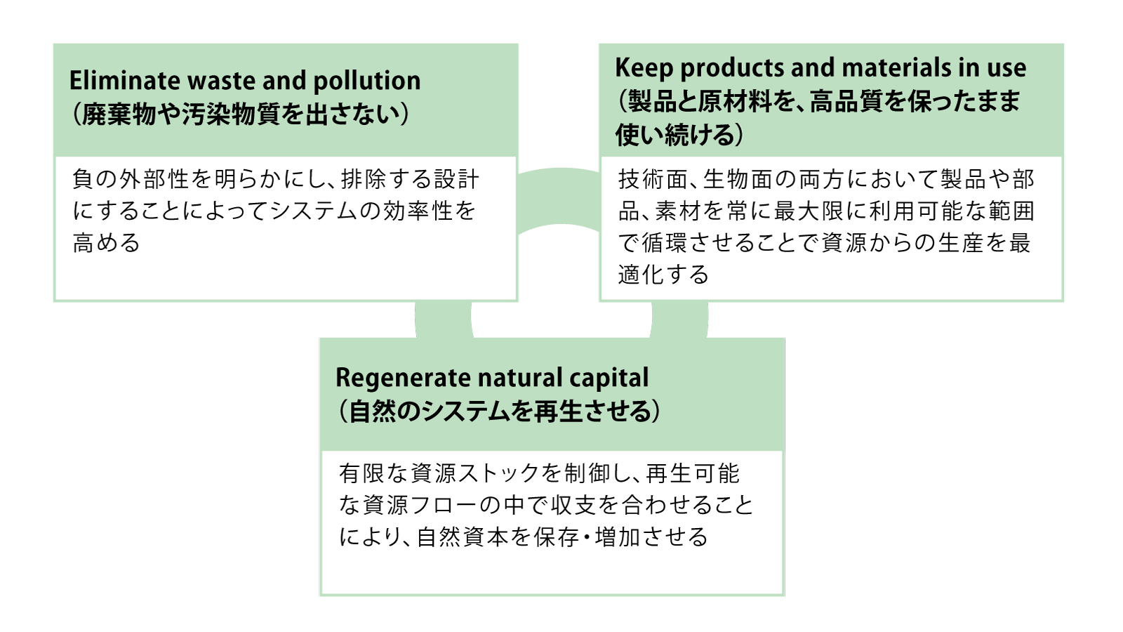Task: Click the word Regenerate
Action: [x=404, y=378]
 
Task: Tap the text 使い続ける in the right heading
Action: [x=675, y=135]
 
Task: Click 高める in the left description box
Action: [x=106, y=243]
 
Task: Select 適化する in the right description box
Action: [x=663, y=275]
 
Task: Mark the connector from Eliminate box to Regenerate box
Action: [x=443, y=320]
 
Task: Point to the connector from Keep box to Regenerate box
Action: [x=679, y=320]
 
